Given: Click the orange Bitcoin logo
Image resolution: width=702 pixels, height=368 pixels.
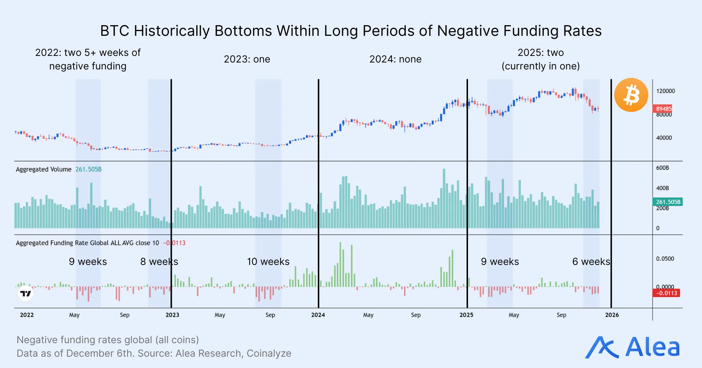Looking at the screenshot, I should (x=631, y=95).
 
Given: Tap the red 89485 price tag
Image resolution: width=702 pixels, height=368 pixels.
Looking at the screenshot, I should (x=663, y=109).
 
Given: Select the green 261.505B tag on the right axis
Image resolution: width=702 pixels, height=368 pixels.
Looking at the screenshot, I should (x=668, y=202).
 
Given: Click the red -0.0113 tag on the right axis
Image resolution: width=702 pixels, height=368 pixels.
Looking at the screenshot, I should (x=666, y=293).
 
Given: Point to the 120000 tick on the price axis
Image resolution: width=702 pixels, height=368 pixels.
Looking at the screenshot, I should (x=665, y=91).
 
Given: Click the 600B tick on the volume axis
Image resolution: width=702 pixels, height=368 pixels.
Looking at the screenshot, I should (x=662, y=168).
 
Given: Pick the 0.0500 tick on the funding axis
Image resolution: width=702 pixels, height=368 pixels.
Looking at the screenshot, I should (x=665, y=259).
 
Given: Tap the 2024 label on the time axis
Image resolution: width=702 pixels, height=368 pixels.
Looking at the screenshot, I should (x=318, y=315).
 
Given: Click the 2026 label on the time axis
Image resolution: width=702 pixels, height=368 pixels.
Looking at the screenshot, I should (x=612, y=315).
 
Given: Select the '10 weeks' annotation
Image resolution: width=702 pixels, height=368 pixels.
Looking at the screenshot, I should (x=268, y=262).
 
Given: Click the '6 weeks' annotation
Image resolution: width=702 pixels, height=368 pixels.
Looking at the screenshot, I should (x=591, y=262).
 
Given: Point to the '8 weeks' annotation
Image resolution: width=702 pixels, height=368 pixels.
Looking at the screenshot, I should (x=159, y=262).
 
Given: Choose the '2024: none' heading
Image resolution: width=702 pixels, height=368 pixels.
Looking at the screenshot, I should (x=395, y=59).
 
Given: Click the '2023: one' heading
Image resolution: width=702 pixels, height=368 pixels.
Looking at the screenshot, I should (x=247, y=59).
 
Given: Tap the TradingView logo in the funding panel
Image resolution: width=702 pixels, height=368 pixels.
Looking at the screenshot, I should (x=26, y=294).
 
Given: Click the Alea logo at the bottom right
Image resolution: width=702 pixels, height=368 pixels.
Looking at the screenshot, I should (x=633, y=347).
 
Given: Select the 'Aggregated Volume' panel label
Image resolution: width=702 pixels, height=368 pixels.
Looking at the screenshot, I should (x=44, y=169).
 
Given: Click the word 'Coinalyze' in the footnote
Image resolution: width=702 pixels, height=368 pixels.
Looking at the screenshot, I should (x=269, y=353).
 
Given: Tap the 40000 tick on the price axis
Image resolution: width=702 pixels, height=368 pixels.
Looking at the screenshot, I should (x=664, y=138).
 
